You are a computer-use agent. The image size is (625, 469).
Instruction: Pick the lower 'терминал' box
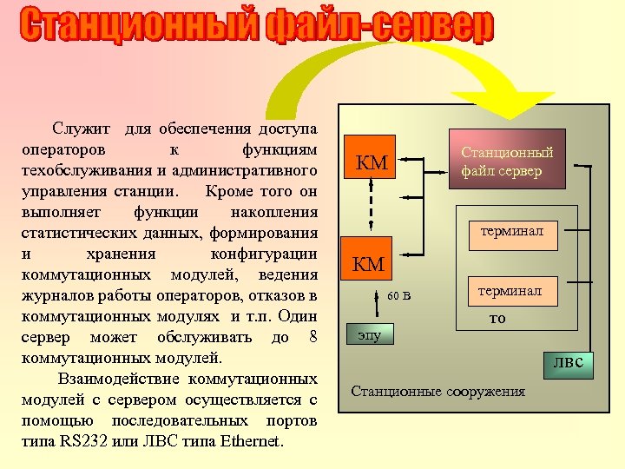tap(510, 291)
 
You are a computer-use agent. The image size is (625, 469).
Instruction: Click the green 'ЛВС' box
tap(569, 365)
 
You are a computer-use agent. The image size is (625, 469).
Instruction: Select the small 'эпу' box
tap(369, 334)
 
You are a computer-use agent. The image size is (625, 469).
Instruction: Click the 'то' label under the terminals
tap(497, 318)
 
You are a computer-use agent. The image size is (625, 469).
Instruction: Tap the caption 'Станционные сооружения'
tap(437, 391)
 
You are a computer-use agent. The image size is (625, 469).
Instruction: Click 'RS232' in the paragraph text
tap(90, 441)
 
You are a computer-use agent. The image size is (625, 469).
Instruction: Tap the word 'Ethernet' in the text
tap(252, 441)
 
